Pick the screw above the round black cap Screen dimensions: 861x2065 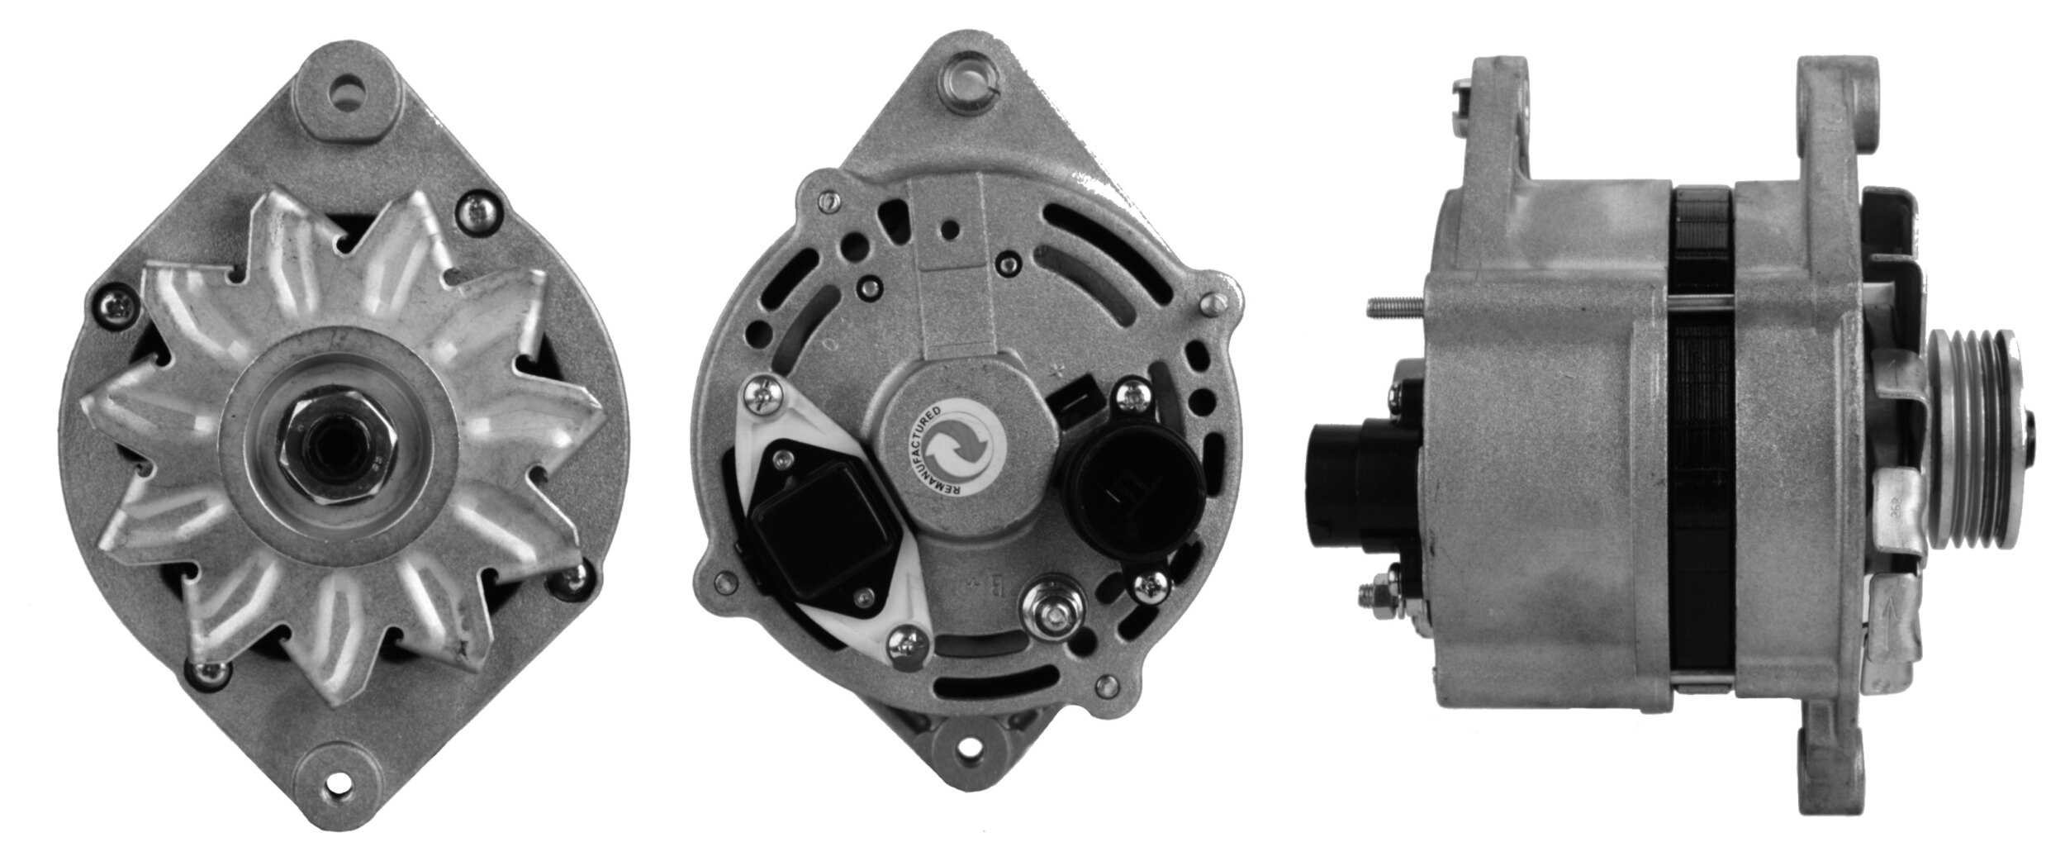click(1129, 397)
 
